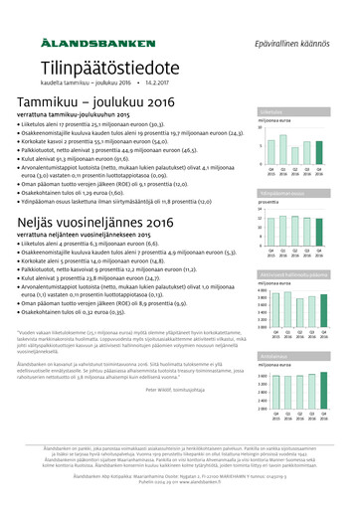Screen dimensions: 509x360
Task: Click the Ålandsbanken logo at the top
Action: (97, 45)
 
